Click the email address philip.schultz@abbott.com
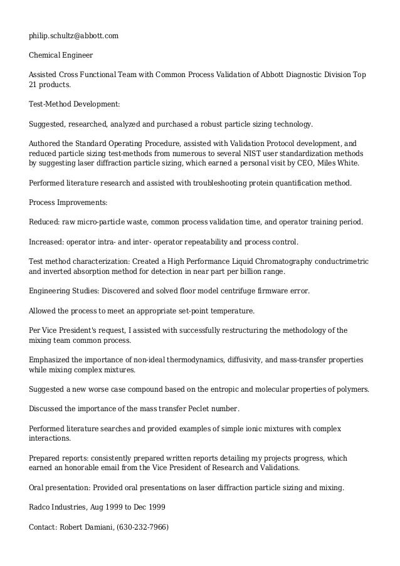pos(73,35)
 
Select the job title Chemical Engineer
pos(61,55)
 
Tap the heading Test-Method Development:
pos(75,103)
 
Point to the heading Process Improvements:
pos(68,202)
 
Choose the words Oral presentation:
pos(60,487)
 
